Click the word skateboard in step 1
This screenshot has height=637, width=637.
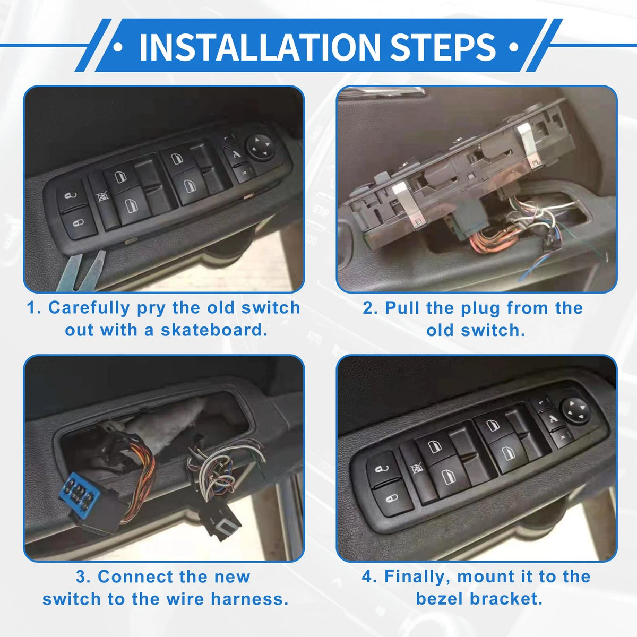(214, 330)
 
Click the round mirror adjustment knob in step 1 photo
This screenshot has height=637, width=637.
(260, 148)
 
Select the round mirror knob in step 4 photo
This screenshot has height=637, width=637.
(575, 410)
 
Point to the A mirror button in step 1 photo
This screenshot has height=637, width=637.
(236, 154)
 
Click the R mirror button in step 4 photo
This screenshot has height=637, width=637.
(562, 437)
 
